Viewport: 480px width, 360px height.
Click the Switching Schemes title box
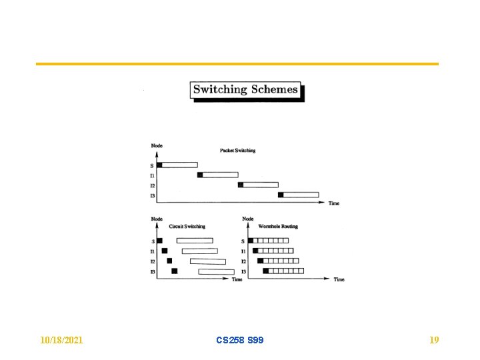coord(246,90)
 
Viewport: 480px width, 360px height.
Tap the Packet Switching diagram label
coord(237,151)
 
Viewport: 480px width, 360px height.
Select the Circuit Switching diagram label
coord(187,227)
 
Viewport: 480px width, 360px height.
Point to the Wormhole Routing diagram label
coord(278,227)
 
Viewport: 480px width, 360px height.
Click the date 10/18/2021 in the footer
coord(61,340)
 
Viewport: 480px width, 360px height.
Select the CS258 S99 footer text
coord(240,340)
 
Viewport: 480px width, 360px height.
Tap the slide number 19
coord(434,340)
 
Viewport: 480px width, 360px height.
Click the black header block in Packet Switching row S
coord(159,165)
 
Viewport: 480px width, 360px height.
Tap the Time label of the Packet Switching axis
coord(333,203)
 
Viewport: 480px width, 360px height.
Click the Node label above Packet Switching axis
coord(157,145)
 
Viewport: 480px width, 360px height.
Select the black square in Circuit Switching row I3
coord(175,271)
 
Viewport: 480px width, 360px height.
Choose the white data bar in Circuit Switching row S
coord(195,241)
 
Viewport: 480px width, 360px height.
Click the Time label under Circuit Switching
coord(237,280)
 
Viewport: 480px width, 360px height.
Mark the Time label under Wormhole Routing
coord(339,280)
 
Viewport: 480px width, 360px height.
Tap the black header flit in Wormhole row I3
coord(265,271)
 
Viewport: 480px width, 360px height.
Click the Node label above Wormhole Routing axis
coord(247,219)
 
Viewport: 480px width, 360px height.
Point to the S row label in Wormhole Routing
coord(244,241)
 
